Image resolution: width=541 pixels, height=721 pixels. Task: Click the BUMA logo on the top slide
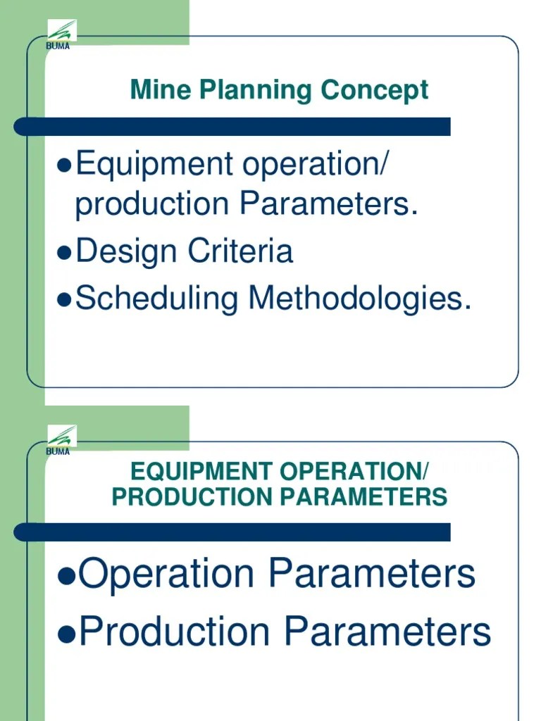click(x=61, y=35)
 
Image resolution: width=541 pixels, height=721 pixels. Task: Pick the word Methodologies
click(x=359, y=299)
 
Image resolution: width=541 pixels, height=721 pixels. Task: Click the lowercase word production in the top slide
click(x=152, y=206)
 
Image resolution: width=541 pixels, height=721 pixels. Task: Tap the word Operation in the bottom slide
click(x=167, y=576)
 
